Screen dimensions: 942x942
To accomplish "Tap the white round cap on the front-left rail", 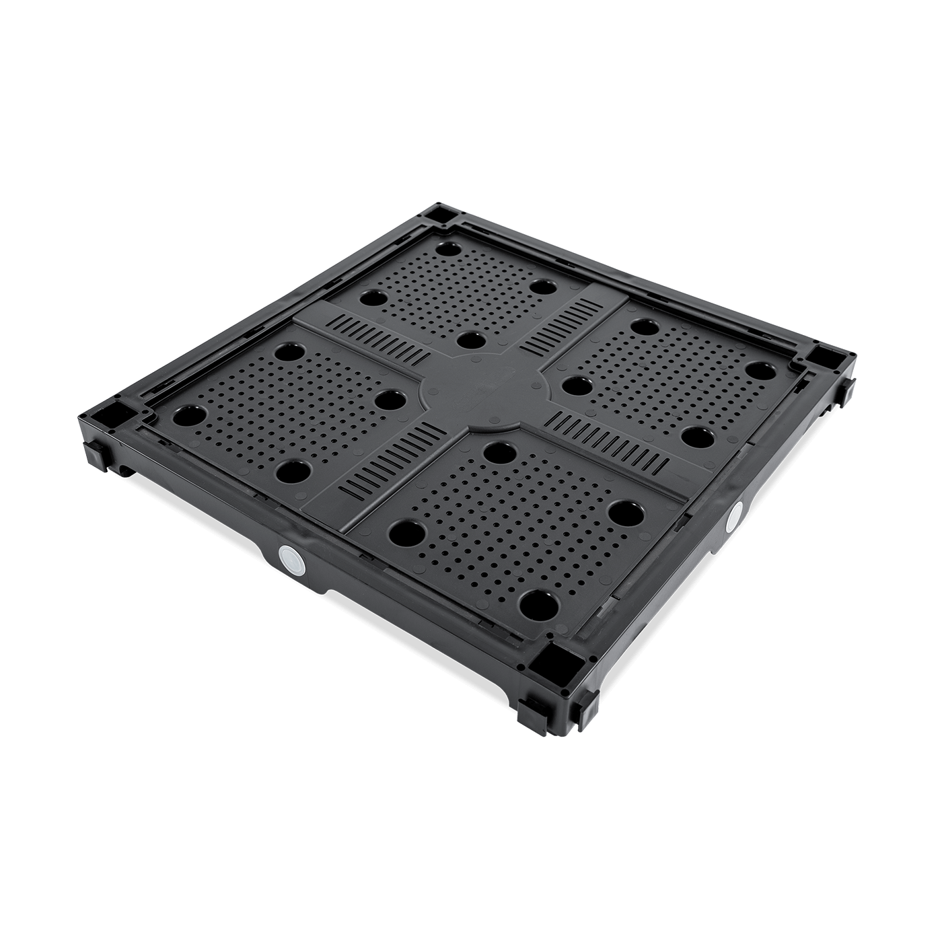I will tap(289, 558).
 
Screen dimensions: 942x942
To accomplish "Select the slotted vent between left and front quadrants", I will tap(389, 462).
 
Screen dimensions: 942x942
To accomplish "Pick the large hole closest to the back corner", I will tap(445, 249).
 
